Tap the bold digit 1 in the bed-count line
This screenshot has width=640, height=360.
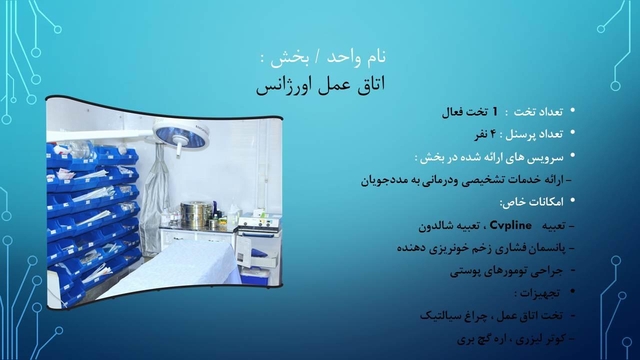pyautogui.click(x=495, y=111)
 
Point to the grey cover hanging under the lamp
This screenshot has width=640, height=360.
pyautogui.click(x=155, y=195)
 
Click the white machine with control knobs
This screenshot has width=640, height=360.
pyautogui.click(x=258, y=224)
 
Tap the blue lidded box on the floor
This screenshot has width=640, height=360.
pyautogui.click(x=255, y=274)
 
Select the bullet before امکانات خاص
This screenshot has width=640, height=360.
pyautogui.click(x=572, y=201)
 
